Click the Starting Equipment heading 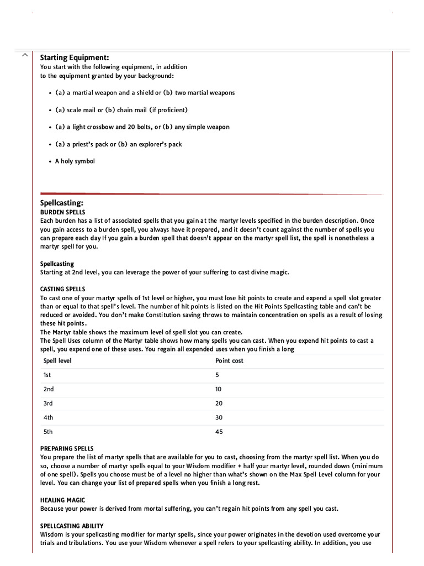(x=75, y=57)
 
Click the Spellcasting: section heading (x=62, y=203)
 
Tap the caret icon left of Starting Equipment (x=24, y=55)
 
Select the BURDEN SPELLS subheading (x=63, y=212)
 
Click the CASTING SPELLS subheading (x=63, y=289)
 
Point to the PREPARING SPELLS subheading (x=67, y=448)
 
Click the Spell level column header (x=57, y=361)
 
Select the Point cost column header (x=229, y=361)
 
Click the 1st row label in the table (x=47, y=375)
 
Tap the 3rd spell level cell (x=48, y=403)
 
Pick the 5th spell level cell (x=48, y=432)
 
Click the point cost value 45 (x=219, y=432)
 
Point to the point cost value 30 (x=219, y=418)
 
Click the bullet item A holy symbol (x=75, y=161)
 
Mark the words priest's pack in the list (x=88, y=144)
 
